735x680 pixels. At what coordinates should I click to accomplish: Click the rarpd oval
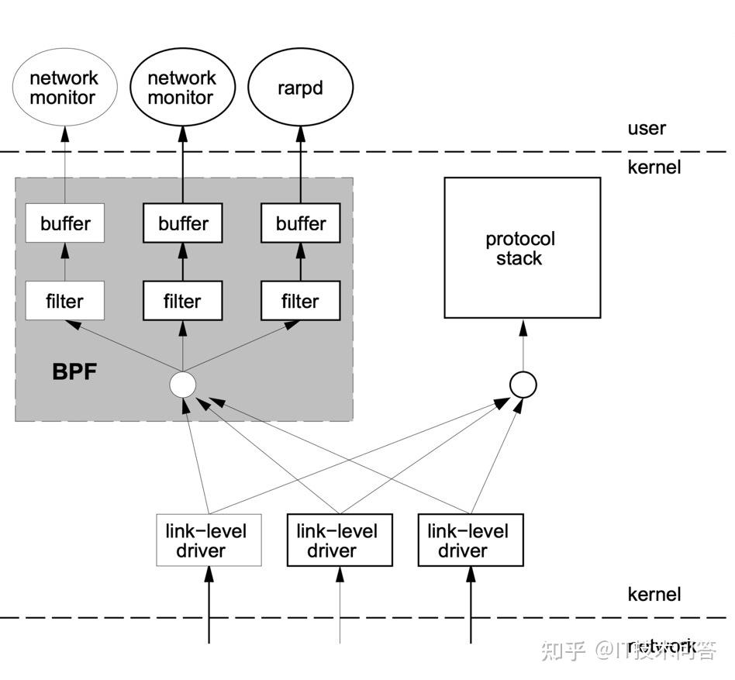300,88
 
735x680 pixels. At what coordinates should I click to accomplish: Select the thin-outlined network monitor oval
64,88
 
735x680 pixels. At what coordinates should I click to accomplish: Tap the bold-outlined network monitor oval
182,88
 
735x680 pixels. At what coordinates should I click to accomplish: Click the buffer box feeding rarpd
300,223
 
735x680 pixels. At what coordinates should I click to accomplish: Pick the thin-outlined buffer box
64,223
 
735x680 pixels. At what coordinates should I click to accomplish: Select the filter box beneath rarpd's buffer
300,301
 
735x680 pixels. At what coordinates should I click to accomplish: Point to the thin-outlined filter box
64,301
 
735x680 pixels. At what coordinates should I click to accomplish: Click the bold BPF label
74,372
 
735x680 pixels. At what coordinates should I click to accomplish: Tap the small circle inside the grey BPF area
183,384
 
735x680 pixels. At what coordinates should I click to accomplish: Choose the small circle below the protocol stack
523,384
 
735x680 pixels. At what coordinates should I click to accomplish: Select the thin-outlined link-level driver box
209,540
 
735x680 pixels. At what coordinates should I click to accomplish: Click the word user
647,129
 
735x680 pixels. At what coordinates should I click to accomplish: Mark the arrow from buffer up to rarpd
300,167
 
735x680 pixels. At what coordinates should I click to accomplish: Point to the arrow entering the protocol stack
523,341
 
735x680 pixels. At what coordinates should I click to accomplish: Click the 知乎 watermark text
562,650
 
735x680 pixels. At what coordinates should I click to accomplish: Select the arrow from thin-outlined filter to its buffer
64,262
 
